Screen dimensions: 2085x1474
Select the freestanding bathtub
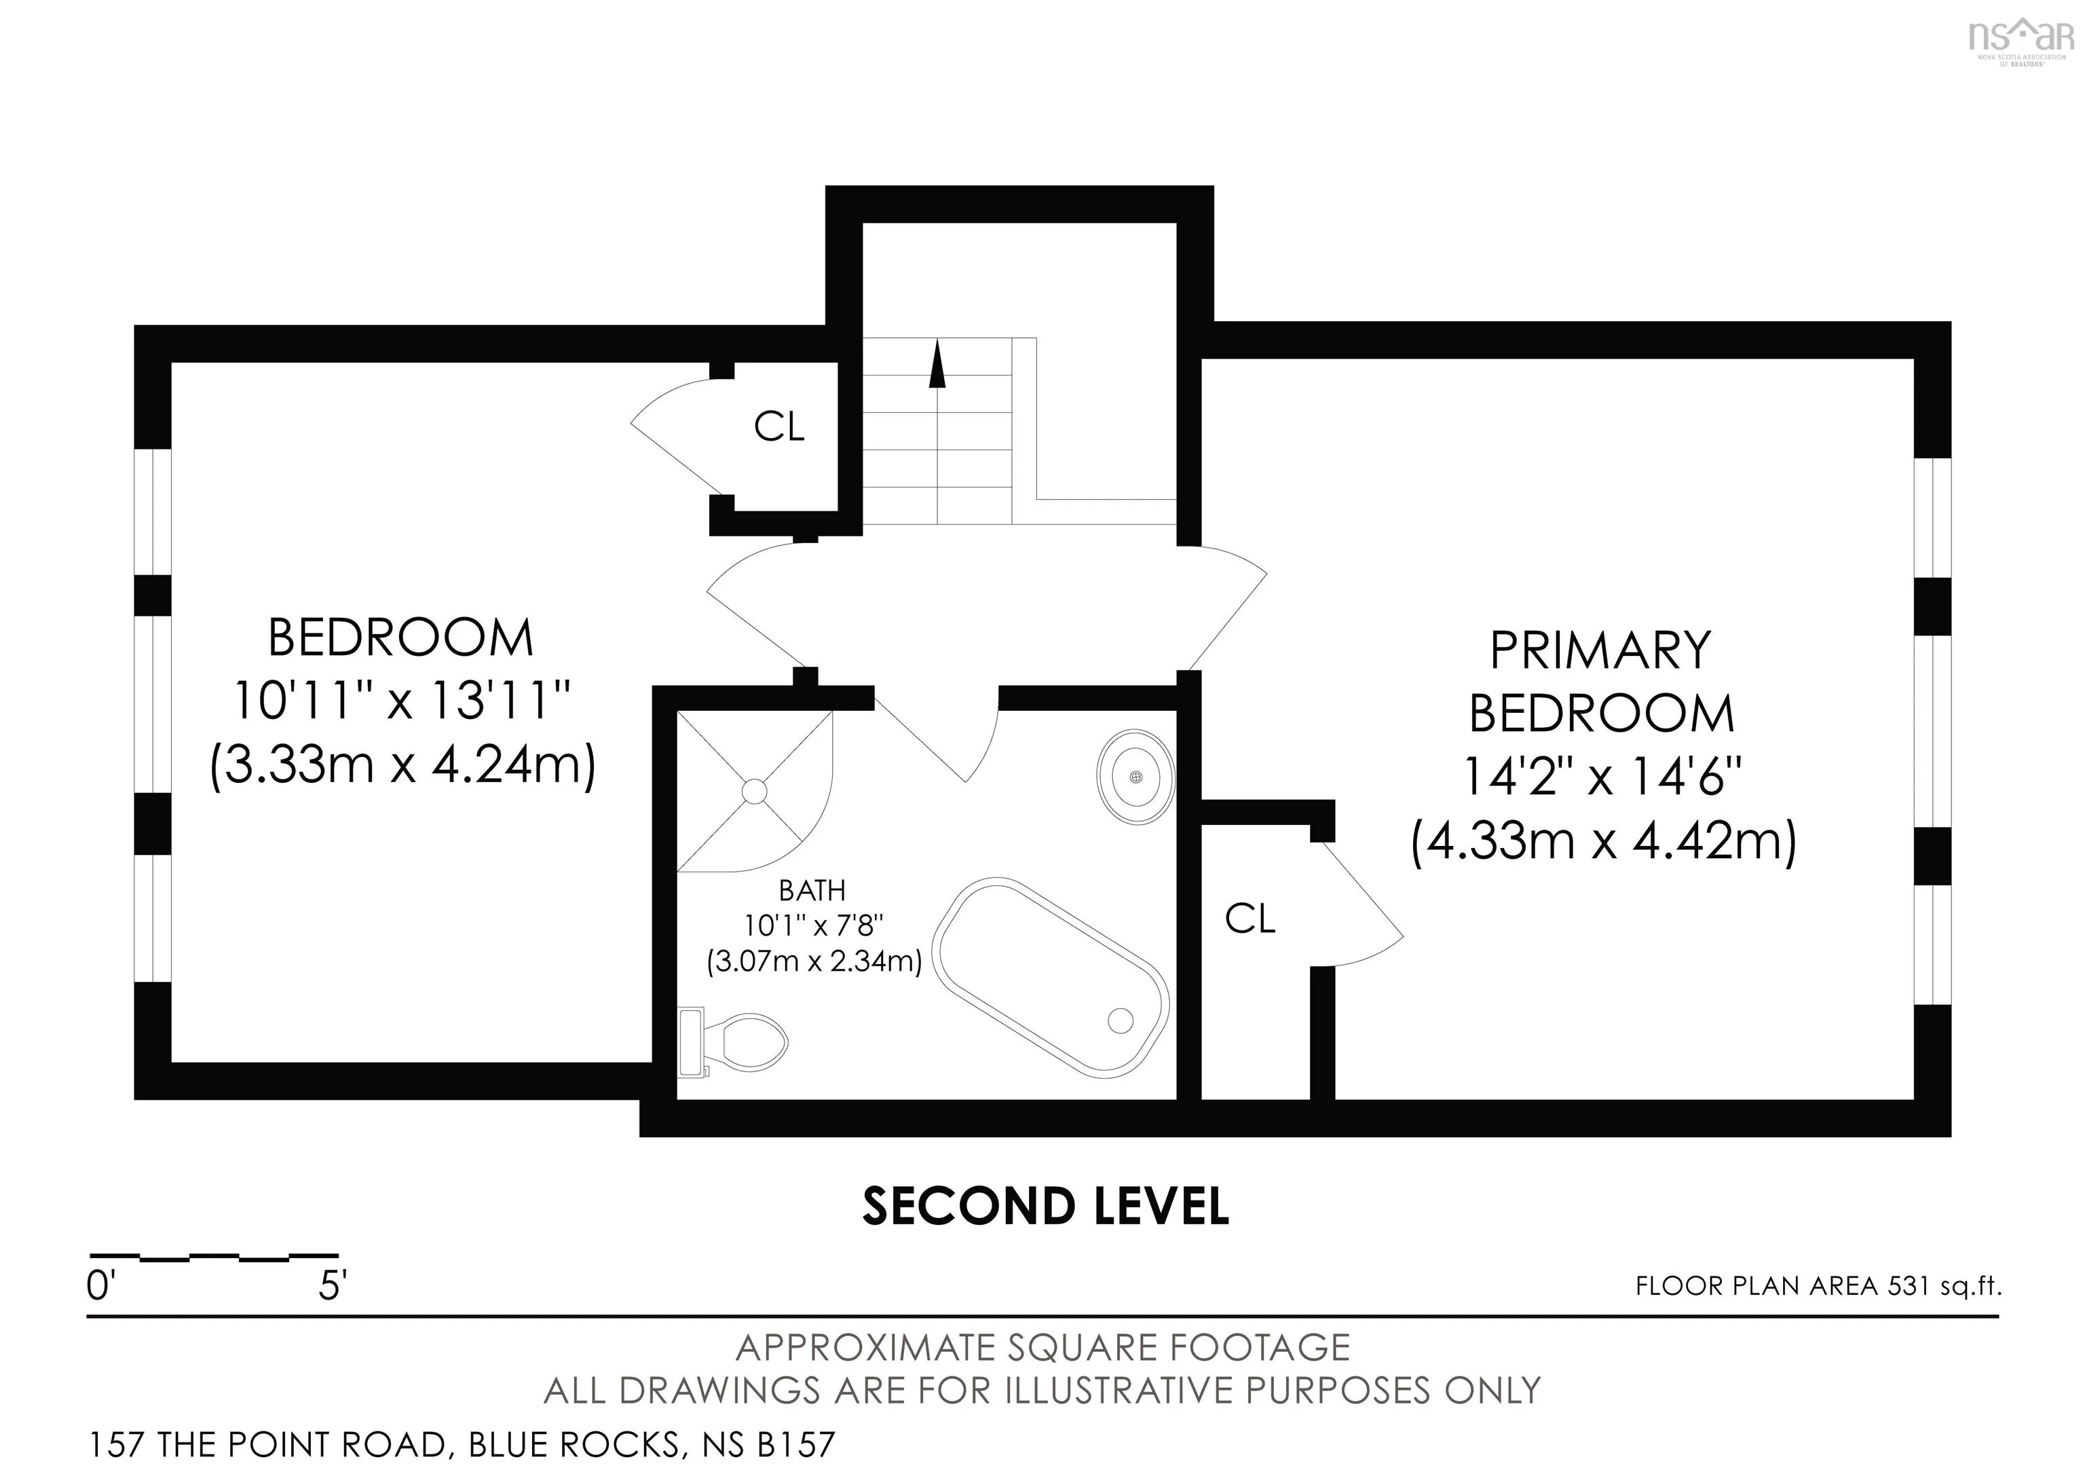1051,977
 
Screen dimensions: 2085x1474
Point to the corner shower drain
754,791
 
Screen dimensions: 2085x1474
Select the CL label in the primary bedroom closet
1250,919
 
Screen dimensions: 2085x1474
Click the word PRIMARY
1600,650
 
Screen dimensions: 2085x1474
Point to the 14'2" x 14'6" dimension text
1602,777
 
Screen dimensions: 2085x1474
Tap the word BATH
812,891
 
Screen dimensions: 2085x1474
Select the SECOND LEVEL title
1045,1206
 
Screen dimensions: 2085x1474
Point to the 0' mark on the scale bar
102,1286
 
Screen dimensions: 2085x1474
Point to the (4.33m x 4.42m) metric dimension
1604,841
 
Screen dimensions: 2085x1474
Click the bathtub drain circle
1121,1020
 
